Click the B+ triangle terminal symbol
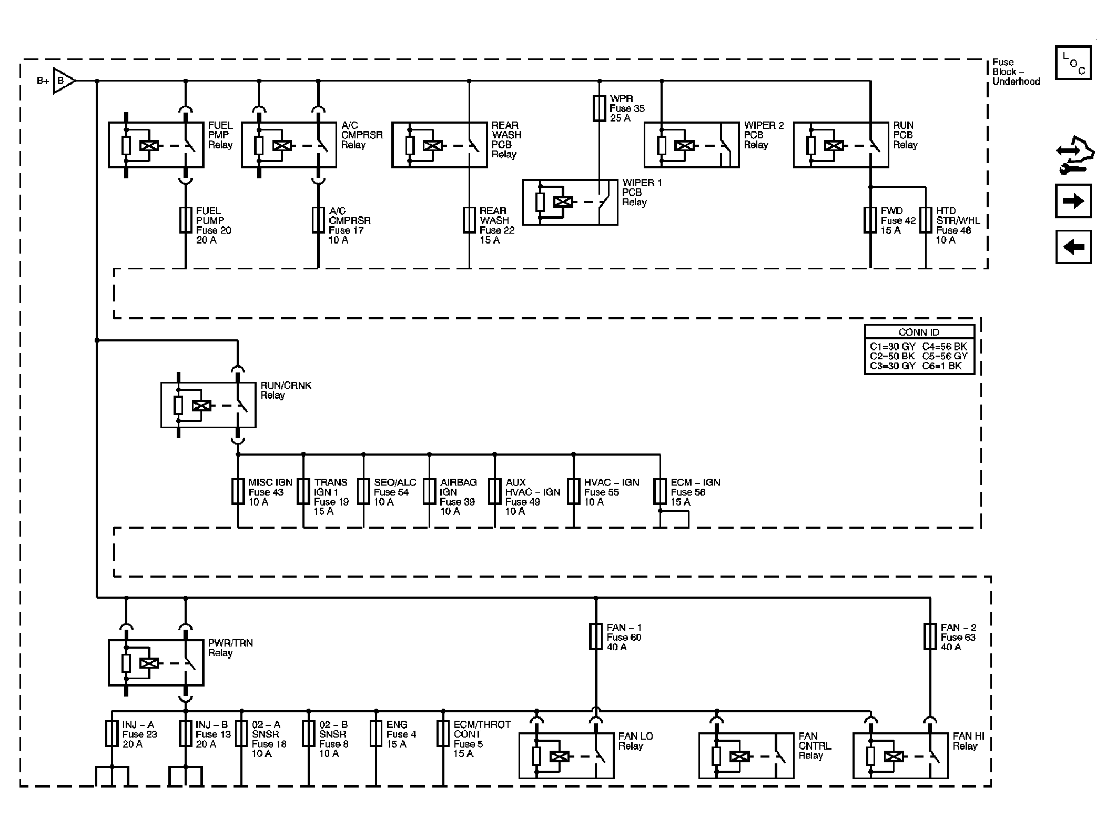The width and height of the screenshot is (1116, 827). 63,81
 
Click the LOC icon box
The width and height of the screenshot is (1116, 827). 1073,63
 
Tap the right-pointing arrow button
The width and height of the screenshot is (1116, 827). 1073,201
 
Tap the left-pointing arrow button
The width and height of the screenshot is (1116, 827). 1073,247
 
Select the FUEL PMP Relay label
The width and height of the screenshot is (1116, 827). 220,135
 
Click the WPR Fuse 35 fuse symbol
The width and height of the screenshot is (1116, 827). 599,108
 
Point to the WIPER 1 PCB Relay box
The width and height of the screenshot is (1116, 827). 570,203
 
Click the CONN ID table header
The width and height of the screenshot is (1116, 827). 919,332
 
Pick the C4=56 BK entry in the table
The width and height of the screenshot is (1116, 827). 945,346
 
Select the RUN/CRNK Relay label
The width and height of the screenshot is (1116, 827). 286,390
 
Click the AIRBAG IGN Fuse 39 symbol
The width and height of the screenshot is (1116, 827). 430,491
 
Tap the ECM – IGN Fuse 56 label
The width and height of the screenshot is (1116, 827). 695,492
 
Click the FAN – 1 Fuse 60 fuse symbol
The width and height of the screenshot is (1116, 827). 595,637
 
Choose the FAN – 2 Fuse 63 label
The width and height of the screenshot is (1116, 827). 958,637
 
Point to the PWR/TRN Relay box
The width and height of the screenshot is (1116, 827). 156,663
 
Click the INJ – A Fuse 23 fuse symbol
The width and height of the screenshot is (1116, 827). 111,733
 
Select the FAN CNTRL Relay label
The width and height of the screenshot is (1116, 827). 815,745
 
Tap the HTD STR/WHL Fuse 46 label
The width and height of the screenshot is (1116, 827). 958,225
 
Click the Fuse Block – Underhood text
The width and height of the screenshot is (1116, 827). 1015,72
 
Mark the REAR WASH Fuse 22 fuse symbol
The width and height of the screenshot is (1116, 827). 469,220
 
